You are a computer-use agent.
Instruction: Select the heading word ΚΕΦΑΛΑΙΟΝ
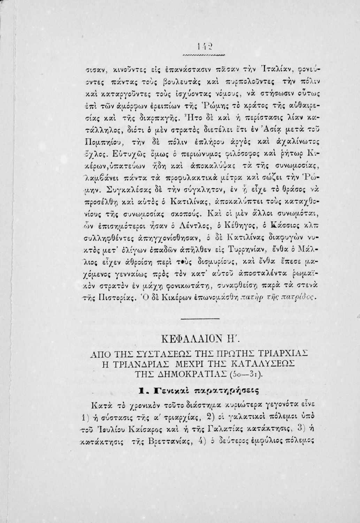199,340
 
